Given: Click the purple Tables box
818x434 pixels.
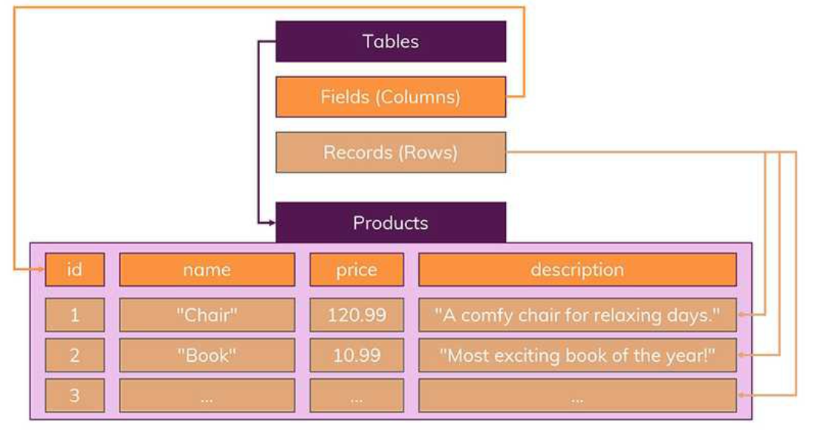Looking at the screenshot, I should tap(391, 42).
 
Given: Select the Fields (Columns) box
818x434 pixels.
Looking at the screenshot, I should tap(391, 97).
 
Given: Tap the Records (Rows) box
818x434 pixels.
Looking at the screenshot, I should tap(391, 152).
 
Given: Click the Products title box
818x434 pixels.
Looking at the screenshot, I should tap(391, 222).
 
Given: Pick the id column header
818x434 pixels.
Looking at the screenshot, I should tap(74, 270).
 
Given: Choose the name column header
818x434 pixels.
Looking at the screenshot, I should tap(207, 270).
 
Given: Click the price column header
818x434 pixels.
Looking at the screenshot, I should tap(357, 270).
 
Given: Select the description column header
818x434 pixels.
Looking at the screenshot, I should tap(577, 270).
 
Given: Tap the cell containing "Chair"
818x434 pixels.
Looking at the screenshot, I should tap(207, 315).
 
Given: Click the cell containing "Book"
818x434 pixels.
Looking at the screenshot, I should tap(207, 355).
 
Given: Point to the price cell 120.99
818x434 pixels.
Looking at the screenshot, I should tap(357, 315).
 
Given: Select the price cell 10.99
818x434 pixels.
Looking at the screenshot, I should tap(357, 355).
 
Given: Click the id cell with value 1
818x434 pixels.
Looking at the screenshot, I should tap(74, 315).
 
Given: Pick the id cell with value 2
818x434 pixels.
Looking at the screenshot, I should tap(74, 355).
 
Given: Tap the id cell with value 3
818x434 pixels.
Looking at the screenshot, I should tap(74, 395).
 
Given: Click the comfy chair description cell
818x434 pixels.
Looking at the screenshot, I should tap(577, 315).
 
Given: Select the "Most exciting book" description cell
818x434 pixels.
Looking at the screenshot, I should tap(577, 355).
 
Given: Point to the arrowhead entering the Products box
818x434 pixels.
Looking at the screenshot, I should tap(270, 221).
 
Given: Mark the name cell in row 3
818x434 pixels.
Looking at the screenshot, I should tap(207, 396).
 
